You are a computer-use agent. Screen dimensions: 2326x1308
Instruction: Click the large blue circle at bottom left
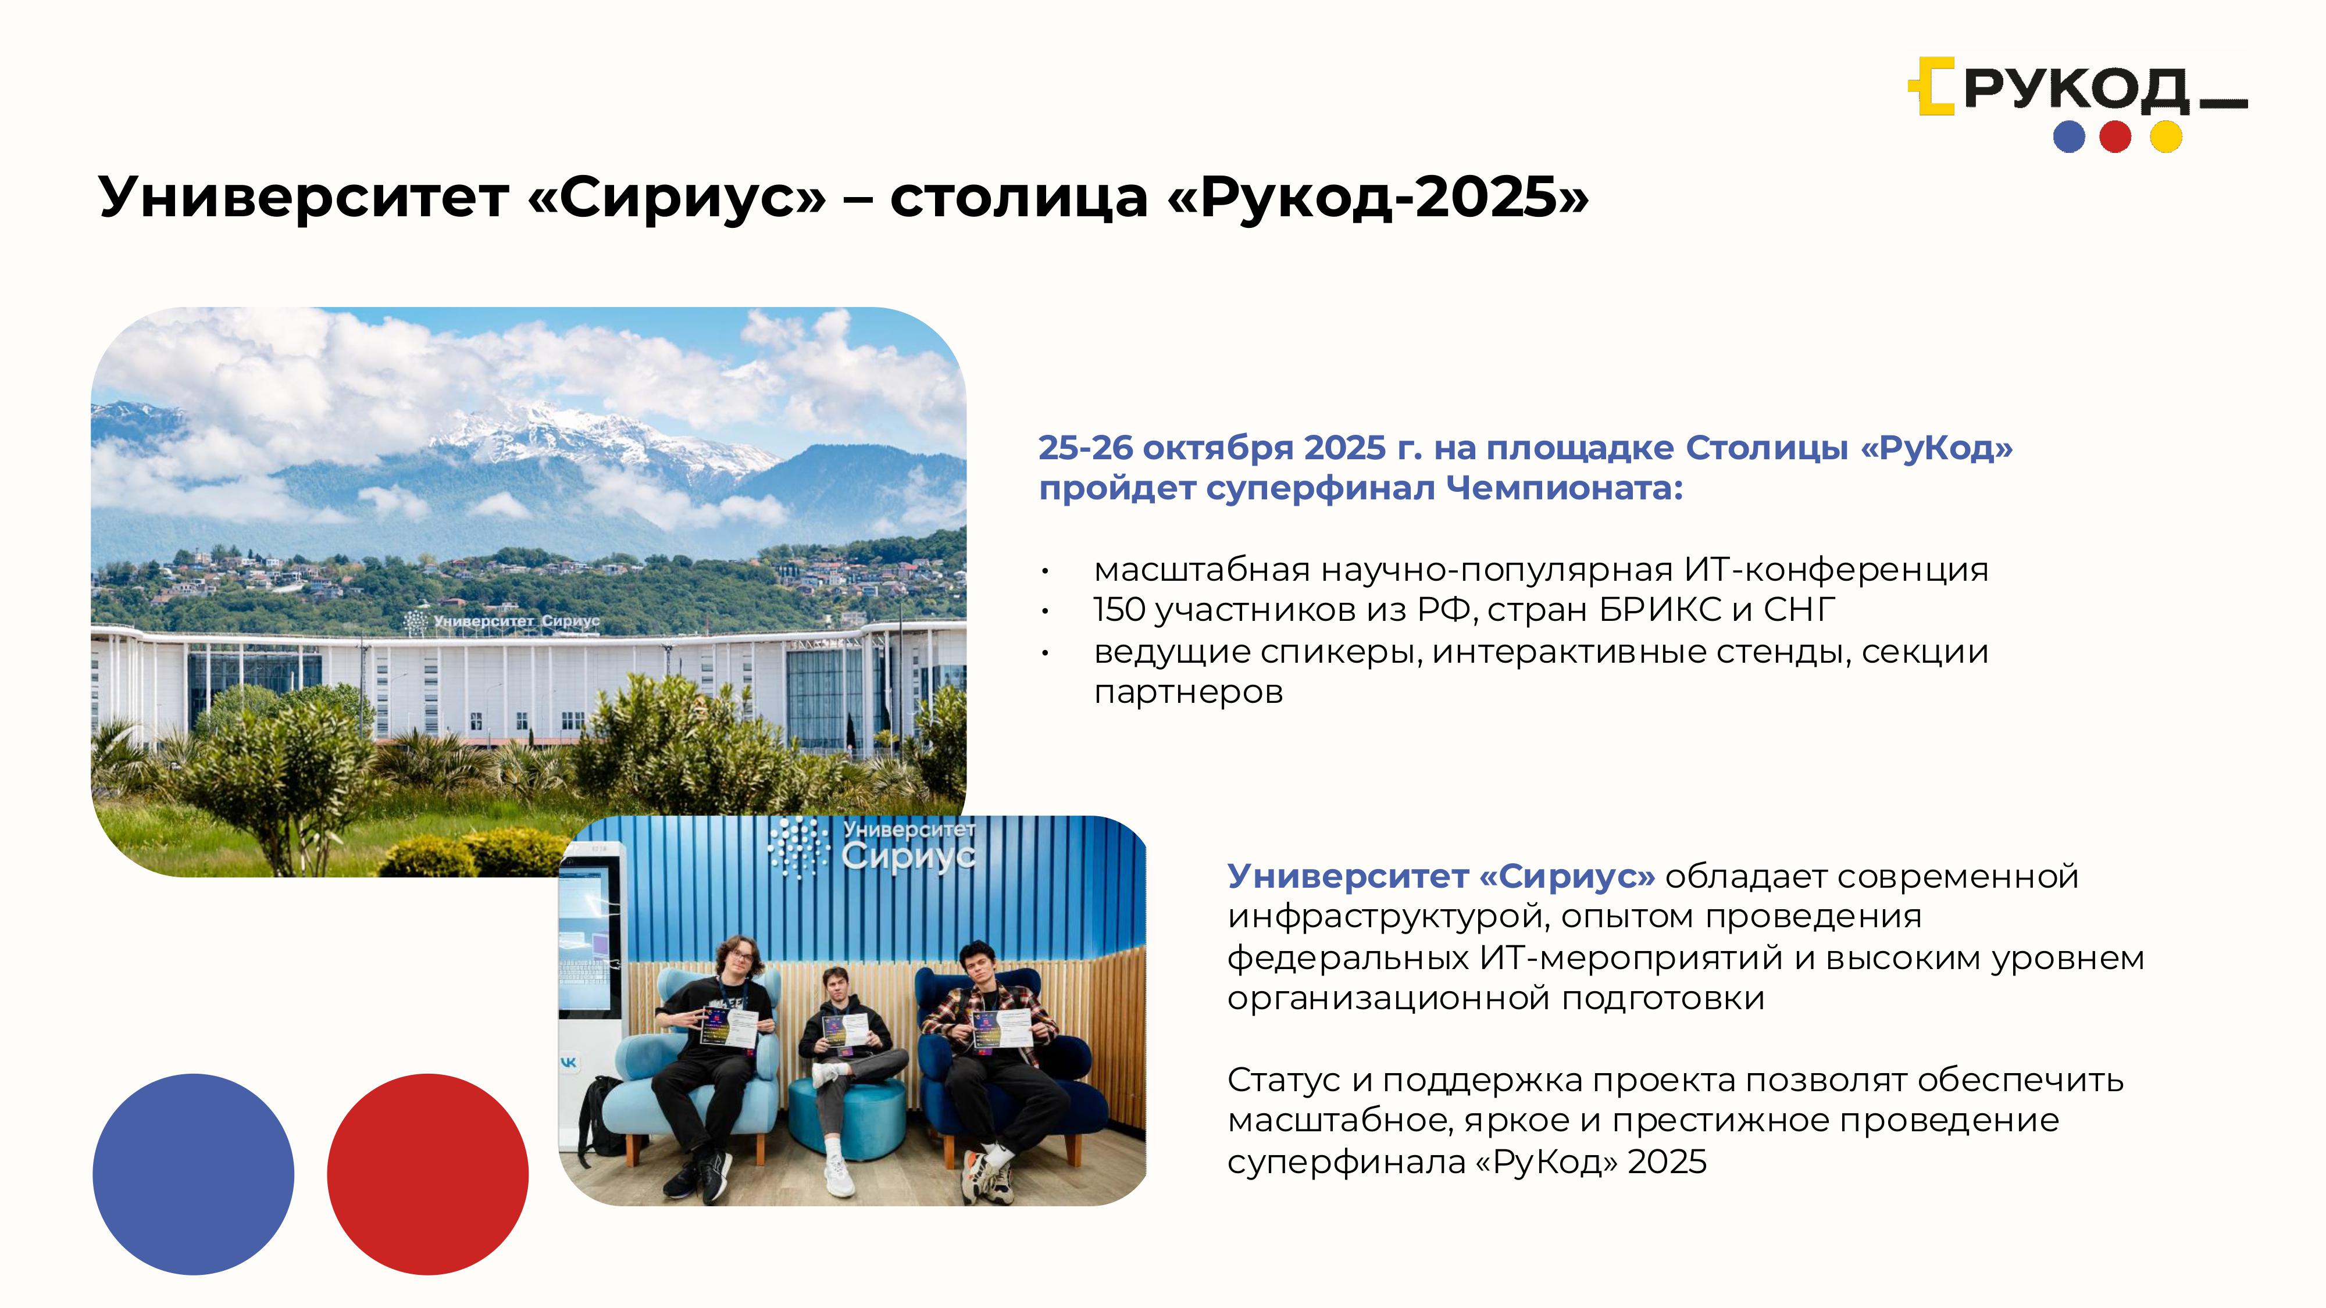coord(193,1174)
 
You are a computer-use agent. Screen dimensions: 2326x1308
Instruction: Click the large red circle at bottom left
coord(427,1174)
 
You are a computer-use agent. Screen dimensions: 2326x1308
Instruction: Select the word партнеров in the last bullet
coord(1188,692)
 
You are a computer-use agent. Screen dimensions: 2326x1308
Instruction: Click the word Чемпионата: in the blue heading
coord(1565,488)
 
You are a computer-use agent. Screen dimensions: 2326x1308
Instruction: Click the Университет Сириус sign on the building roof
coord(502,621)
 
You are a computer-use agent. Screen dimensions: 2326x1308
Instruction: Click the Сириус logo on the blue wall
coord(871,848)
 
